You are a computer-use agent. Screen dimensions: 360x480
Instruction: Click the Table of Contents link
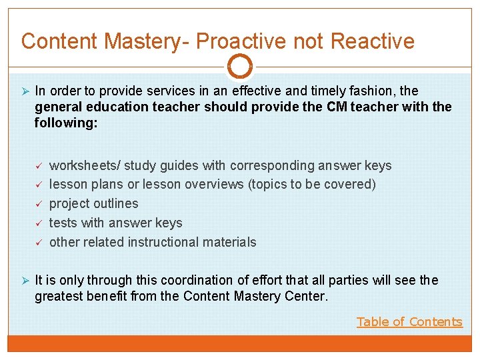[x=409, y=322]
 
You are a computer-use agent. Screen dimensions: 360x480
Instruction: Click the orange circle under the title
[x=240, y=67]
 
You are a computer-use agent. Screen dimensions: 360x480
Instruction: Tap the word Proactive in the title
[x=236, y=41]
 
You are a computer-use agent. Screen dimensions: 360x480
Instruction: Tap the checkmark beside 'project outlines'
[x=39, y=203]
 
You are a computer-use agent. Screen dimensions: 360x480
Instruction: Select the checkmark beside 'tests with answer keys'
[x=39, y=223]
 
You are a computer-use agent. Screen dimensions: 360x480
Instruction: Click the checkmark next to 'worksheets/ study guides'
[x=39, y=165]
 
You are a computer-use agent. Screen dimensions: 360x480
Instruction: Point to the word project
[x=70, y=204]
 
